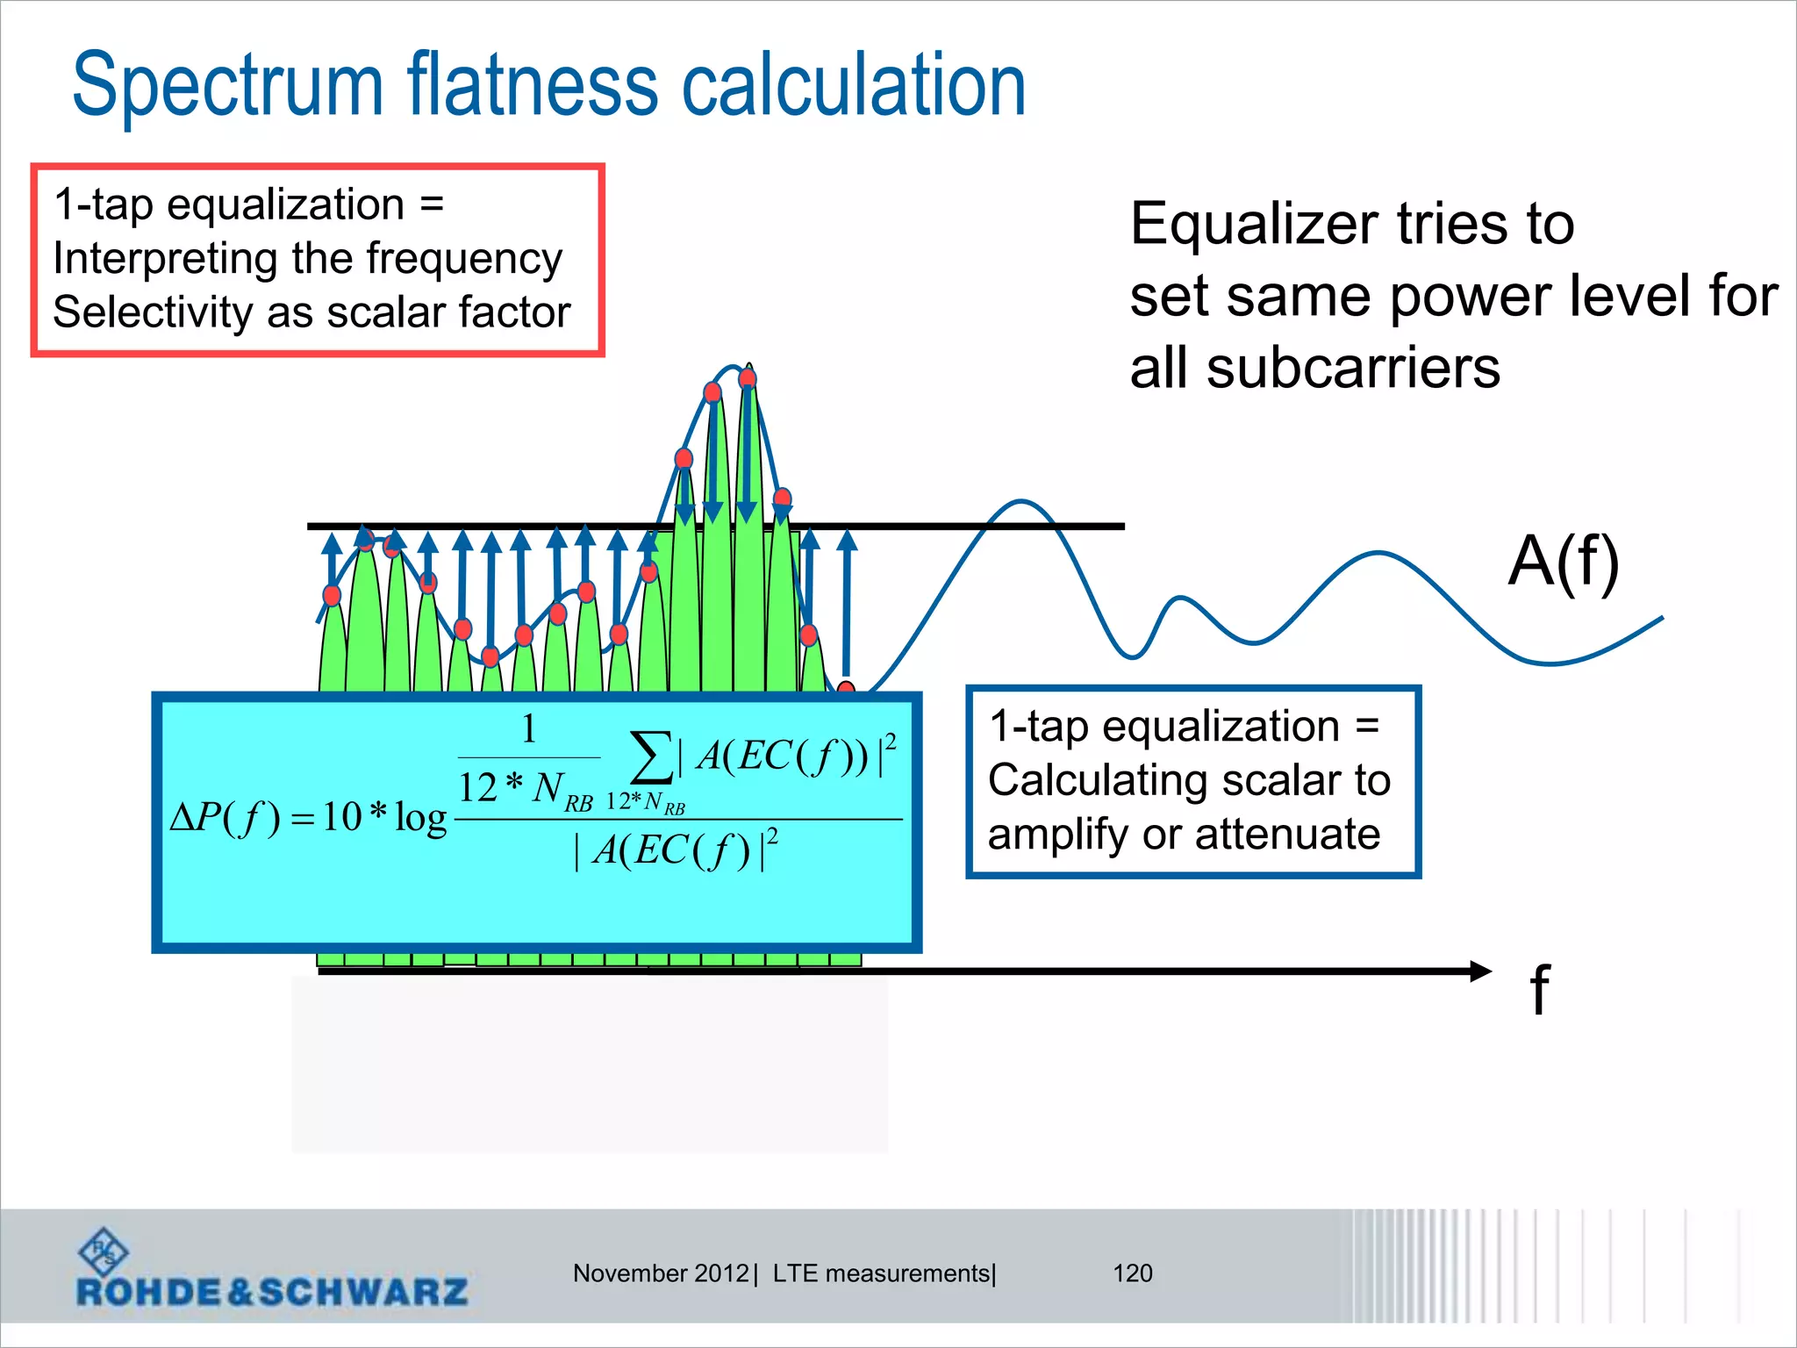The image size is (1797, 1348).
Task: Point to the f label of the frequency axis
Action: [1539, 989]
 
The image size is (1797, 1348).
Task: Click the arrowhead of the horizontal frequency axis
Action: [1480, 971]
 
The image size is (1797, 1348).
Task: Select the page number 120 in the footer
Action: [1132, 1273]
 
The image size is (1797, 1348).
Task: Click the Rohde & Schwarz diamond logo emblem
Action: [104, 1251]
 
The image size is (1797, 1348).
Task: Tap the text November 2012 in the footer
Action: [661, 1273]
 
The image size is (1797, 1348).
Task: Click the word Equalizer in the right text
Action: [1253, 225]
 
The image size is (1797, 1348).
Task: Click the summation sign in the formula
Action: [651, 756]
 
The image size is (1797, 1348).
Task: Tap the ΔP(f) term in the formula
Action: [225, 817]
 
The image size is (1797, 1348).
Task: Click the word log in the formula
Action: [420, 818]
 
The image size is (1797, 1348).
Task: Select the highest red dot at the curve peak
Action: [748, 378]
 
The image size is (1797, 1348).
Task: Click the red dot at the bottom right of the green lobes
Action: [846, 689]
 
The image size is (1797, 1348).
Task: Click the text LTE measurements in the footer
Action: [882, 1273]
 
